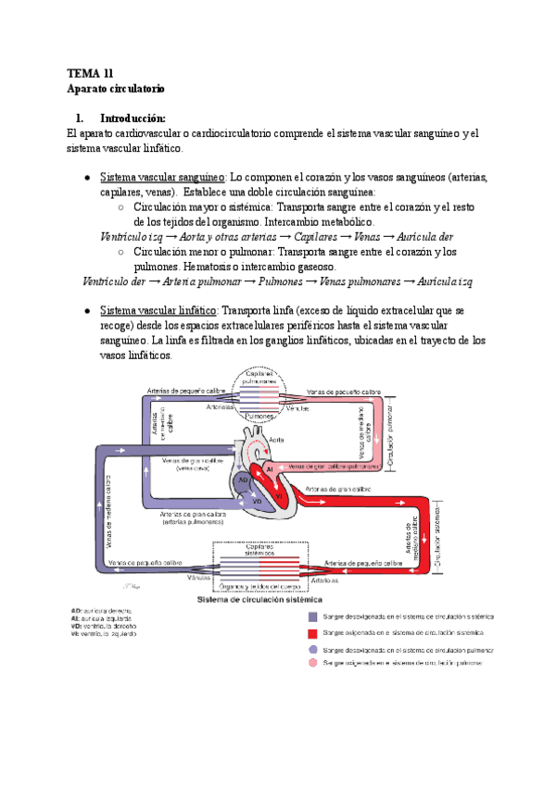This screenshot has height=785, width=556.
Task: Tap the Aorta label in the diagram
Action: pyautogui.click(x=279, y=442)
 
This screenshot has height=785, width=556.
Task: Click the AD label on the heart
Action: pyautogui.click(x=241, y=480)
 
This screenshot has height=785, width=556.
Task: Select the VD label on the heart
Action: pyautogui.click(x=259, y=500)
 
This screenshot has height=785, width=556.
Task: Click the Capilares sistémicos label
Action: pyautogui.click(x=259, y=549)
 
